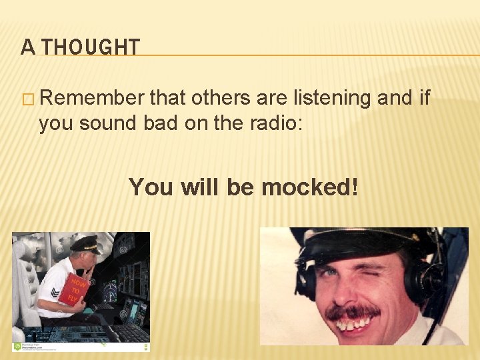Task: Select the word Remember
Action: tap(93, 98)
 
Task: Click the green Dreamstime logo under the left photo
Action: tap(18, 346)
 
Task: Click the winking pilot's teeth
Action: tap(353, 325)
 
